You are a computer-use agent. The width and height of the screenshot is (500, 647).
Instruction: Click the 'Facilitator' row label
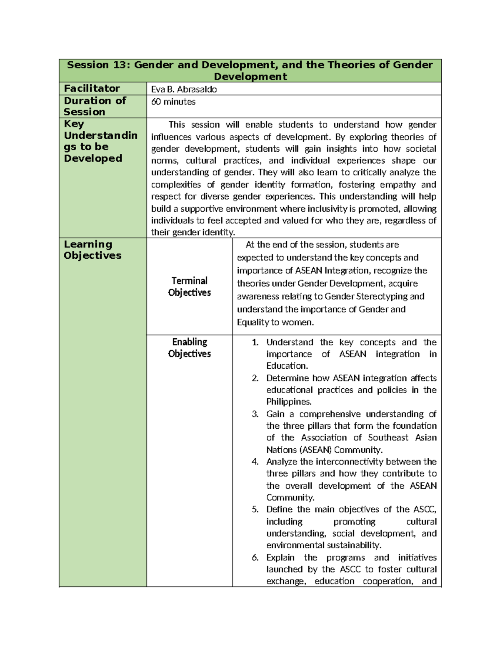click(92, 88)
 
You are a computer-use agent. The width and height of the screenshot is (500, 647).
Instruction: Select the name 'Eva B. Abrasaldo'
click(184, 89)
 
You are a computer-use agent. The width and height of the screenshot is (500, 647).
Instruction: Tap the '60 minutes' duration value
click(173, 102)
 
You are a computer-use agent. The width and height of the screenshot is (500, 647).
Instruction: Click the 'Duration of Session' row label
click(95, 106)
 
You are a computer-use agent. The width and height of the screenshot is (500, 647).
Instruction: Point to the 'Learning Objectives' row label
click(92, 250)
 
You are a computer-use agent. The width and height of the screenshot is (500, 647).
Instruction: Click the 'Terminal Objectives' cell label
click(189, 287)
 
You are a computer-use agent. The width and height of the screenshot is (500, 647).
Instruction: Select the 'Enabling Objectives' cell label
click(189, 348)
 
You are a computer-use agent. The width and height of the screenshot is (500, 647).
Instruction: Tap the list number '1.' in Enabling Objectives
click(255, 342)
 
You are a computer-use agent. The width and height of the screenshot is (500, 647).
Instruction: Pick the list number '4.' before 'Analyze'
click(255, 462)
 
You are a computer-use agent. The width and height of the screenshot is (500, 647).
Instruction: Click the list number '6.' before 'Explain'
click(255, 557)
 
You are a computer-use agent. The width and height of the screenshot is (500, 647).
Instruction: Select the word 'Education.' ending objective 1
click(287, 366)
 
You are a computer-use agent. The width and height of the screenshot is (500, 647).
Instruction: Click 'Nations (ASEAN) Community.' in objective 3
click(324, 450)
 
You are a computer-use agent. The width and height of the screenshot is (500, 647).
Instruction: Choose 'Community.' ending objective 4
click(290, 497)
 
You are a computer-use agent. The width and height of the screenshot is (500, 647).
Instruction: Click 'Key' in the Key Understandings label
click(74, 124)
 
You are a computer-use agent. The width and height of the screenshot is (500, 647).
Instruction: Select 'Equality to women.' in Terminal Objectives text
click(275, 322)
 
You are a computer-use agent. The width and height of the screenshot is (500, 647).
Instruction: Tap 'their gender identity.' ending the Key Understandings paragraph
click(193, 232)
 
